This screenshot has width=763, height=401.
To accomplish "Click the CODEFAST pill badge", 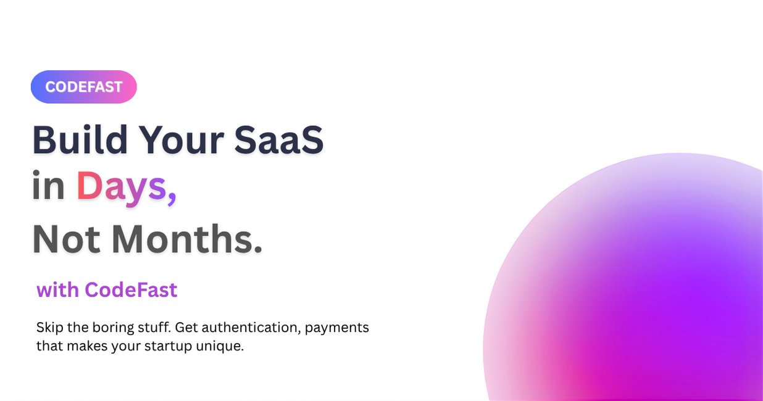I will pos(83,87).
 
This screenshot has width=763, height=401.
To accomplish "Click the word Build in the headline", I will pos(80,140).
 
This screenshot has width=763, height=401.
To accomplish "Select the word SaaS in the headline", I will pos(279,140).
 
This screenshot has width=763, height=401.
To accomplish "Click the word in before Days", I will pos(48,186).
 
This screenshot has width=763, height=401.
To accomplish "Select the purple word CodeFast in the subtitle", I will pos(131,289).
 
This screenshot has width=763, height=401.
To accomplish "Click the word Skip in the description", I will pos(49,327).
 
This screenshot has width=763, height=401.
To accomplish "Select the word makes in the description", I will pos(86,346).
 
